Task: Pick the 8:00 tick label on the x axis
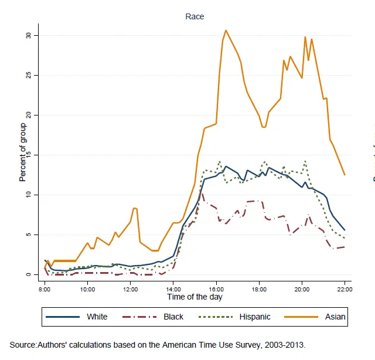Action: pyautogui.click(x=45, y=289)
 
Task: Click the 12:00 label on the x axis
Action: pyautogui.click(x=130, y=289)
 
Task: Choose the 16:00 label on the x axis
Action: pyautogui.click(x=216, y=289)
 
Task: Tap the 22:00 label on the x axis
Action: pyautogui.click(x=344, y=289)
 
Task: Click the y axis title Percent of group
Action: pyautogui.click(x=22, y=152)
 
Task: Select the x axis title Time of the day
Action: pyautogui.click(x=195, y=297)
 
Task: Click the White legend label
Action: pyautogui.click(x=97, y=317)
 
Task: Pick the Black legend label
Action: pyautogui.click(x=173, y=317)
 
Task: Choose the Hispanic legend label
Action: pyautogui.click(x=255, y=317)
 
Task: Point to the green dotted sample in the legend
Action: pyautogui.click(x=218, y=317)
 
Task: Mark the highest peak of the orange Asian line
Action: pyautogui.click(x=226, y=30)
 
